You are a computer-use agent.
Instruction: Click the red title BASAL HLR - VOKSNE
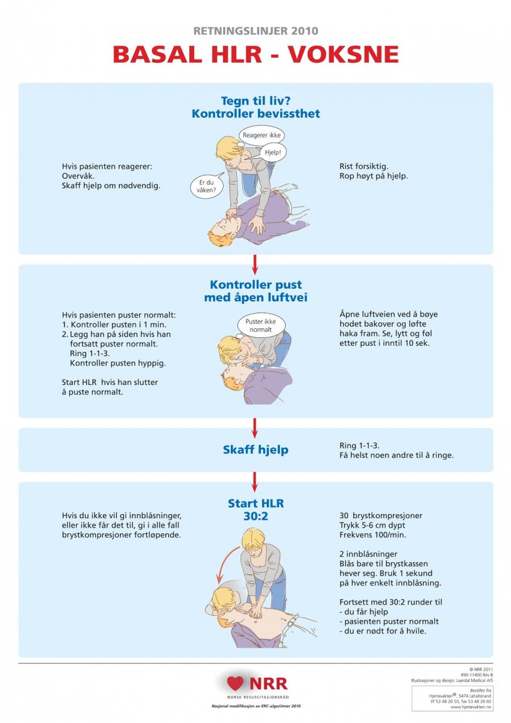tap(255, 54)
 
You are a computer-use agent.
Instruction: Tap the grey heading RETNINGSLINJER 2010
tap(255, 31)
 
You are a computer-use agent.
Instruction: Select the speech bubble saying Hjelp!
tap(273, 152)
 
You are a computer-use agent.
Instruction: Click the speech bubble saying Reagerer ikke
tap(262, 135)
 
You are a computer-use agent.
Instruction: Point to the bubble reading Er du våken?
tap(207, 186)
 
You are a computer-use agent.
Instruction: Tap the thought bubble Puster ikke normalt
tap(260, 325)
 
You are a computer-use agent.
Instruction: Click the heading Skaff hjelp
tap(255, 449)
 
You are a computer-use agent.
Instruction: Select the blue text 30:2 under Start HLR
tap(255, 516)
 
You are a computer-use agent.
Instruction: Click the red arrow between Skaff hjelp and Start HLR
tap(255, 482)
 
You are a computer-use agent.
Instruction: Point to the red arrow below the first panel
tap(255, 264)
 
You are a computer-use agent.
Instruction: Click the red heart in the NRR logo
tap(235, 683)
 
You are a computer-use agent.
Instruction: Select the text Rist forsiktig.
tap(364, 166)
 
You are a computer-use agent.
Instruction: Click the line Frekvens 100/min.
tap(373, 535)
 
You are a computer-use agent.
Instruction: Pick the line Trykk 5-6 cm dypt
tap(372, 525)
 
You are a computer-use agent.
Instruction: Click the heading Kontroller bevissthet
tap(255, 114)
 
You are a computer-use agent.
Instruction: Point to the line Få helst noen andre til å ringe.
tap(397, 455)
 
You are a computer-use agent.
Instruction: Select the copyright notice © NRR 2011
tap(481, 669)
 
